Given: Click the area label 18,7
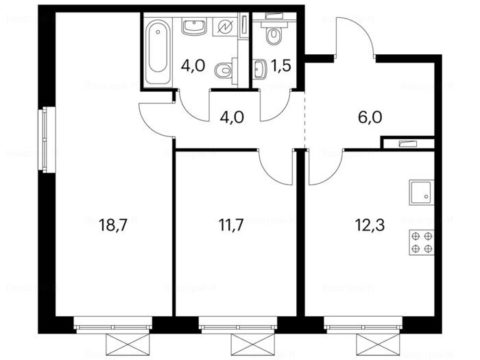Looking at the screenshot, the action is click(x=113, y=225).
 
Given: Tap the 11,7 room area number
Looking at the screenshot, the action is click(x=231, y=225).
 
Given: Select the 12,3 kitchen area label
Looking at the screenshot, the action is click(x=370, y=225).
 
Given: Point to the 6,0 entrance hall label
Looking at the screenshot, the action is click(x=370, y=117).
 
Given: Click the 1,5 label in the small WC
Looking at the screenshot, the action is click(x=281, y=66).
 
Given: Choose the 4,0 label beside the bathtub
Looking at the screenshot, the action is click(x=193, y=66).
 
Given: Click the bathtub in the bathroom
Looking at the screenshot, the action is click(x=158, y=52).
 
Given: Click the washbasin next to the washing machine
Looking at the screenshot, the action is click(x=194, y=27).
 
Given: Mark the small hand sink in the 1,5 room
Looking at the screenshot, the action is click(x=259, y=68).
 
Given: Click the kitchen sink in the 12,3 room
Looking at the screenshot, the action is click(x=421, y=192).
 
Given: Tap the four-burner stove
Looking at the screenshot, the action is click(x=421, y=242).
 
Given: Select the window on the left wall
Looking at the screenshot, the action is click(x=47, y=139).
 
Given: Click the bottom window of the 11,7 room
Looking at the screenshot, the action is click(x=238, y=324).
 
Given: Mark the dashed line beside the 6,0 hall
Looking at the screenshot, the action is click(x=305, y=119).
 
